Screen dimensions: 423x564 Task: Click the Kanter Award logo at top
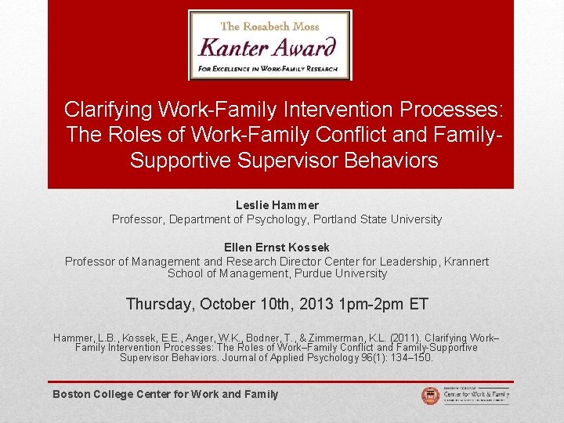270,45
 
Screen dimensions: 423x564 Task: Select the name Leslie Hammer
277,205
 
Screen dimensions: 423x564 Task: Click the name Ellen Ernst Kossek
277,248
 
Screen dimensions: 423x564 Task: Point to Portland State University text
381,219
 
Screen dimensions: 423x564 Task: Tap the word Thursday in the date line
160,304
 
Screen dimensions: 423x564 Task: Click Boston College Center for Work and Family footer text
165,394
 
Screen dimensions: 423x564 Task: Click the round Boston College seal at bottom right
430,396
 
